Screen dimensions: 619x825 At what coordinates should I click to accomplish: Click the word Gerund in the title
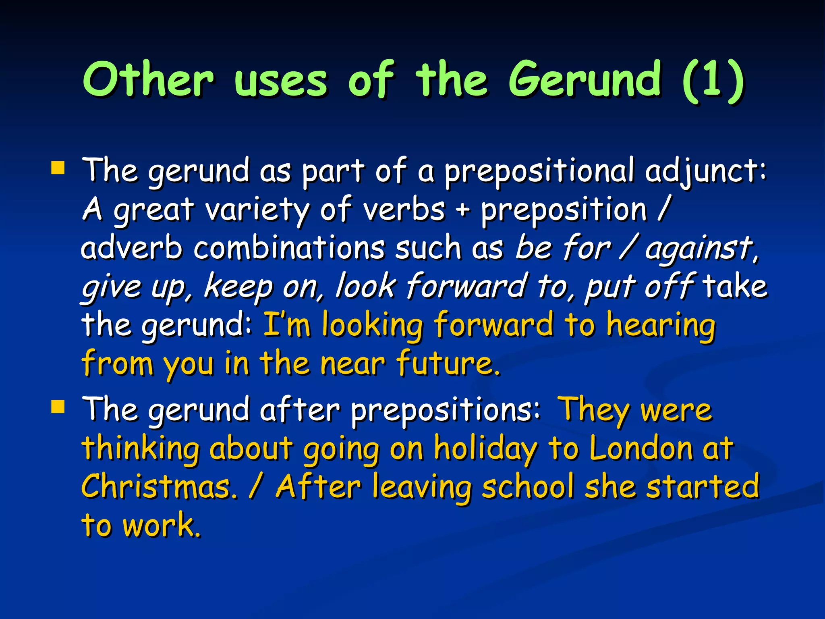pyautogui.click(x=584, y=79)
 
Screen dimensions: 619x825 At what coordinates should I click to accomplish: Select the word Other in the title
pyautogui.click(x=148, y=79)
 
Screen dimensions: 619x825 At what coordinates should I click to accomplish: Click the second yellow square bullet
pyautogui.click(x=58, y=407)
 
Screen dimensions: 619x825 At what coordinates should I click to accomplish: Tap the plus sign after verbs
pyautogui.click(x=463, y=210)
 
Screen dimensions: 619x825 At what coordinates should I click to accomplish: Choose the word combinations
pyautogui.click(x=289, y=248)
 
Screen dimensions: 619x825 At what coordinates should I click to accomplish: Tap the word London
pyautogui.click(x=641, y=448)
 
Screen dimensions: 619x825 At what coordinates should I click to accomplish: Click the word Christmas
pyautogui.click(x=160, y=487)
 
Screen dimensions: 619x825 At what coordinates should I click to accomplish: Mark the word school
pyautogui.click(x=528, y=487)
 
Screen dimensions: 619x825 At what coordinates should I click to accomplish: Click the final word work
pyautogui.click(x=161, y=526)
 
